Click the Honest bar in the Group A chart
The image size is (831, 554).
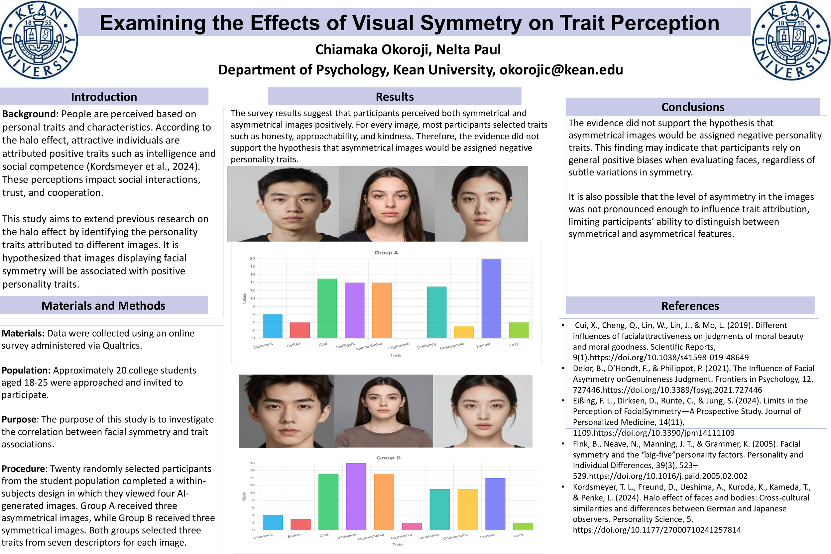[491, 298]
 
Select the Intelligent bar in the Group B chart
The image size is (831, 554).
[356, 497]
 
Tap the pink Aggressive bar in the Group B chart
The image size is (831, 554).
[412, 526]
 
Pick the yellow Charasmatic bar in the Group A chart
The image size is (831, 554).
[464, 332]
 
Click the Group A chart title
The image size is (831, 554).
[386, 253]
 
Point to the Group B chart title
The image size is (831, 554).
[388, 458]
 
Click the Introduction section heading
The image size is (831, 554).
[104, 97]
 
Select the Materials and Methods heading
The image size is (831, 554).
[103, 306]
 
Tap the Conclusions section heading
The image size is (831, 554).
[692, 107]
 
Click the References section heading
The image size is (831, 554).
[690, 306]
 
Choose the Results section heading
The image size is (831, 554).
[394, 97]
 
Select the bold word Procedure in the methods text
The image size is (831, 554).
[23, 469]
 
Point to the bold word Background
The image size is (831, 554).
[29, 114]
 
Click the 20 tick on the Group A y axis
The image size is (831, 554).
[252, 259]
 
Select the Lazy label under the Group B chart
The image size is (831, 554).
[518, 535]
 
